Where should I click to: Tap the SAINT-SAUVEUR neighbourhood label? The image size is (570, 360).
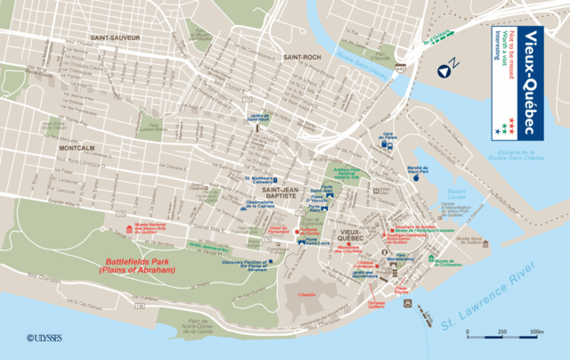(x=112, y=37)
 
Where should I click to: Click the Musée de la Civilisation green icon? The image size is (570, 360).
(x=429, y=261)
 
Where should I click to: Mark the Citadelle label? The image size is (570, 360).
(x=308, y=293)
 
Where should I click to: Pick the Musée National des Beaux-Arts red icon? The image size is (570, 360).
(x=133, y=229)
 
